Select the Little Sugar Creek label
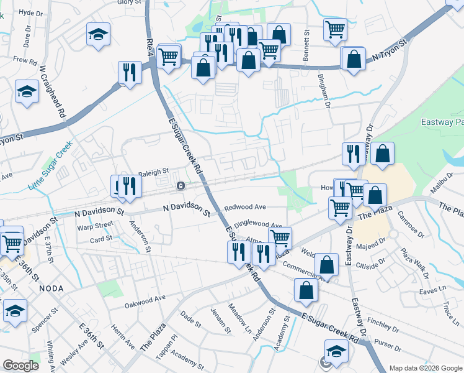[x=51, y=166]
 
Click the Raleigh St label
[x=153, y=172]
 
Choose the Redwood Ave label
[x=245, y=206]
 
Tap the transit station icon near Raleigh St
[x=181, y=185]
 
